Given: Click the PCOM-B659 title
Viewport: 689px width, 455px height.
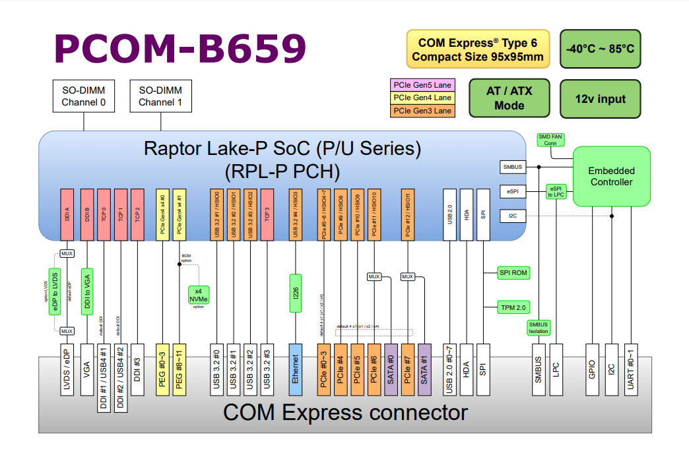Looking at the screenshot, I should (180, 49).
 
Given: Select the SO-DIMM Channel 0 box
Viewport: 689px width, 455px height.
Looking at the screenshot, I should (83, 96).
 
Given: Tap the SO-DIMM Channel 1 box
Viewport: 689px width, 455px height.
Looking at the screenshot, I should (160, 96).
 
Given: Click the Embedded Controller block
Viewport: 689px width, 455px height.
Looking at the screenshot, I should (611, 177).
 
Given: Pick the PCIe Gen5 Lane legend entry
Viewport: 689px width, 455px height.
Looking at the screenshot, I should (422, 84).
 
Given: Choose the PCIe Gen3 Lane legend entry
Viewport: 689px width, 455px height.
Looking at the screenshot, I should (422, 111).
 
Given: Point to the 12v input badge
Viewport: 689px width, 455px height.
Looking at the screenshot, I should (600, 99).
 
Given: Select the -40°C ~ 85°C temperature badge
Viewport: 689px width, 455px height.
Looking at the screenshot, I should (600, 49).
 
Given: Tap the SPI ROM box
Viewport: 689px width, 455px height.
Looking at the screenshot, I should (514, 273).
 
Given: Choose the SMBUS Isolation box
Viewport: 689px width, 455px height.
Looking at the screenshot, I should (538, 328).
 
